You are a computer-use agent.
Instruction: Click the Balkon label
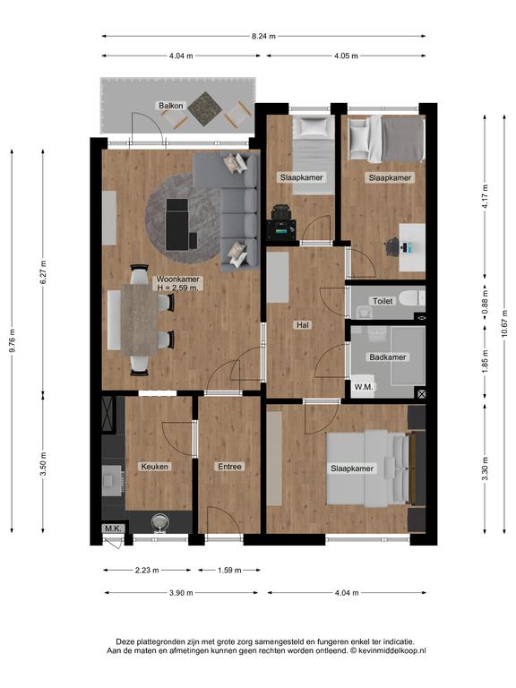click(x=171, y=106)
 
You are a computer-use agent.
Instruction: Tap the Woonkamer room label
click(x=177, y=279)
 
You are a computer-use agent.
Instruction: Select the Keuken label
click(x=154, y=467)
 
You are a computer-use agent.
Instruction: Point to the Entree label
click(x=229, y=467)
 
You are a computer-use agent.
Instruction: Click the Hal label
click(x=302, y=325)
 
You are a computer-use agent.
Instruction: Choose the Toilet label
click(x=383, y=301)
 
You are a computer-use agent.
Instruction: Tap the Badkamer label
click(x=387, y=357)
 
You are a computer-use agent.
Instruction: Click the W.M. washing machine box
click(x=363, y=387)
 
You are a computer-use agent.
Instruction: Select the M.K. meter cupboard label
click(x=113, y=529)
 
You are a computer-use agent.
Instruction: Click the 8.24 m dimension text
click(x=263, y=37)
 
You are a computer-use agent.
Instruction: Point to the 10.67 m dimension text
click(x=504, y=323)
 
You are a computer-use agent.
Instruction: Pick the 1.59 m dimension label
click(x=229, y=571)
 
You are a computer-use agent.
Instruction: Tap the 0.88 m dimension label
click(x=485, y=301)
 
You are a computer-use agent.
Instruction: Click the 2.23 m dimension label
click(x=147, y=571)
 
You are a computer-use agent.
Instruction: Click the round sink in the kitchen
click(x=159, y=522)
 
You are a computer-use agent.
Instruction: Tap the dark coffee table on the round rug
click(x=176, y=224)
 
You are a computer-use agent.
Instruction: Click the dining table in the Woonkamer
click(x=140, y=319)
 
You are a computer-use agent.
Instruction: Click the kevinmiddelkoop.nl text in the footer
click(x=391, y=650)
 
